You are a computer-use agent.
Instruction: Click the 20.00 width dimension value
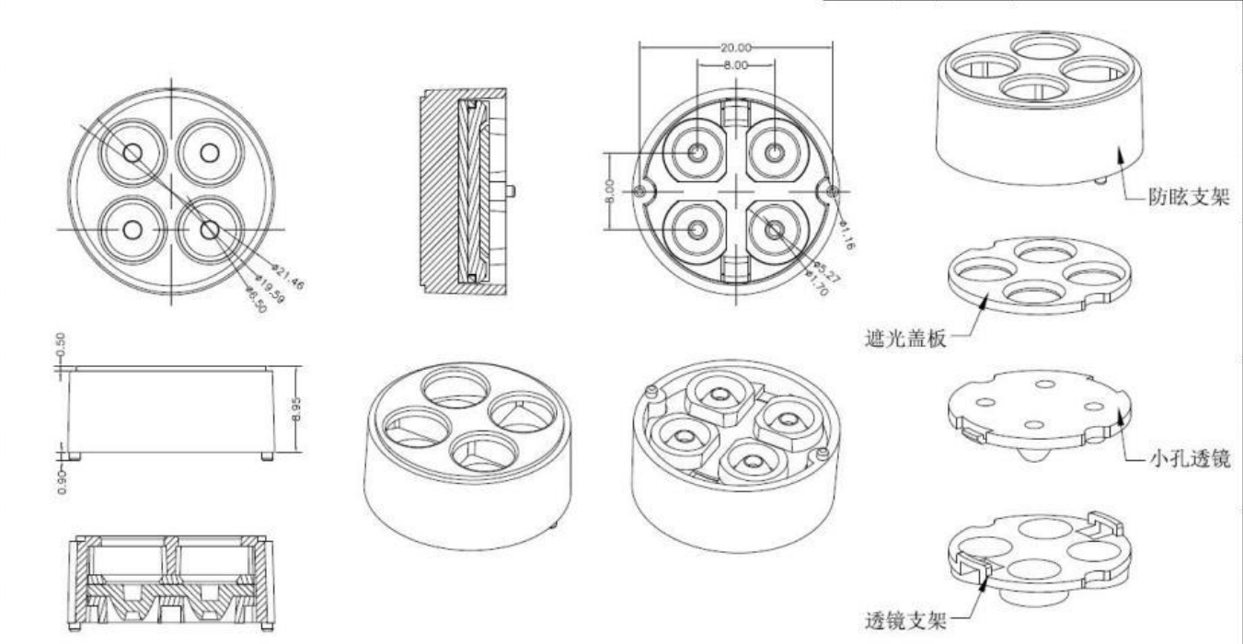(735, 47)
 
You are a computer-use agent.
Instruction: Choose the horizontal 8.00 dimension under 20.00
(735, 66)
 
